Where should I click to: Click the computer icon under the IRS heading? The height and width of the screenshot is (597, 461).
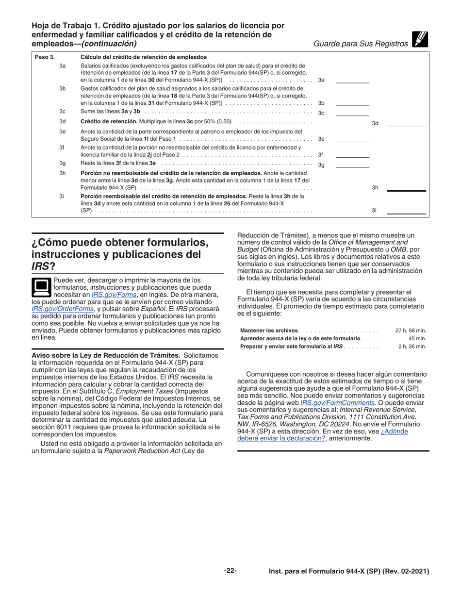click(41, 287)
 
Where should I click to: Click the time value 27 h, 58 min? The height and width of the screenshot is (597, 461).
click(411, 331)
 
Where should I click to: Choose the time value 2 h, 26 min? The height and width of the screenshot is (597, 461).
click(412, 347)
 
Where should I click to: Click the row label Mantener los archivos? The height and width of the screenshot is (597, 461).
click(269, 331)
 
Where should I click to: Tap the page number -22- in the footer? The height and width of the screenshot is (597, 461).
click(230, 571)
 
